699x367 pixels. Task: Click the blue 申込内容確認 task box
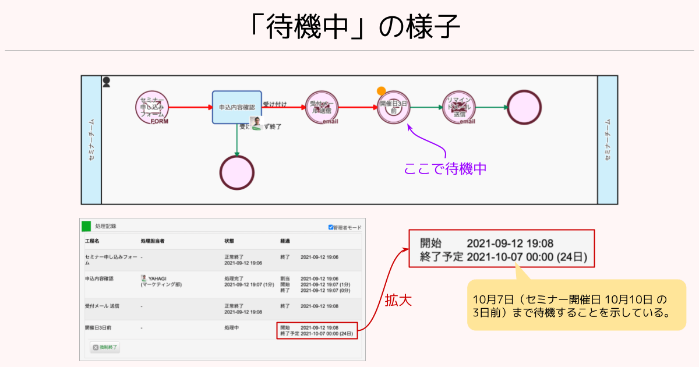(x=236, y=107)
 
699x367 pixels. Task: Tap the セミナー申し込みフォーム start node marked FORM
(x=153, y=107)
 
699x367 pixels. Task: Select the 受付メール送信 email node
(x=322, y=107)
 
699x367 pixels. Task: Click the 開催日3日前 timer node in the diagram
(x=394, y=107)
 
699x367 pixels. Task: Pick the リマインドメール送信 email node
(x=460, y=107)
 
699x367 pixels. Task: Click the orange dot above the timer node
(x=381, y=91)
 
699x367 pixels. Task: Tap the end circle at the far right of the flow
(x=524, y=107)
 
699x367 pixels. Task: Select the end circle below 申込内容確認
(x=237, y=173)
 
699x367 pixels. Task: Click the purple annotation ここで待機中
(x=445, y=169)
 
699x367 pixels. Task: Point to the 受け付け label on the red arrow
(x=274, y=104)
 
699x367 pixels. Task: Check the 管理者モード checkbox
(x=331, y=227)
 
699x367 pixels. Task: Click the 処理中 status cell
(x=232, y=328)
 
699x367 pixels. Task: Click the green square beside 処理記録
(x=86, y=226)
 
